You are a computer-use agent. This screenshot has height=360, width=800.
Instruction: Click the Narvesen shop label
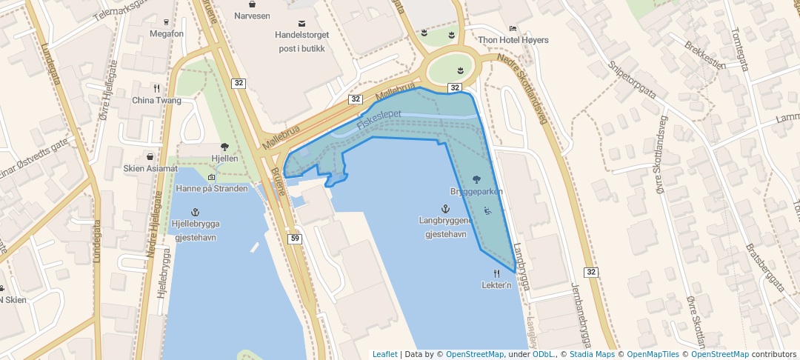click(252, 16)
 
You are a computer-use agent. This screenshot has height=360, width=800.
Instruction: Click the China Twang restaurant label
click(156, 101)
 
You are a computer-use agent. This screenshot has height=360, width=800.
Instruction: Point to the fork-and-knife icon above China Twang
click(156, 88)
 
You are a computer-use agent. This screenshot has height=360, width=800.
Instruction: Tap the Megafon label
click(166, 34)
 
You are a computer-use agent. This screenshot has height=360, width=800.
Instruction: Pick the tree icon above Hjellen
click(224, 147)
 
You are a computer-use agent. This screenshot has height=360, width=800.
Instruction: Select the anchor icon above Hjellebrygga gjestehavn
click(196, 211)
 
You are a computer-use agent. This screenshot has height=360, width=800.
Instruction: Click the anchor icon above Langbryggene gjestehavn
click(445, 208)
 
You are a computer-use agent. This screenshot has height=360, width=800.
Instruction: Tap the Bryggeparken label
click(476, 192)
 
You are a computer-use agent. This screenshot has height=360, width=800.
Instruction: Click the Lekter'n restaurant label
click(496, 285)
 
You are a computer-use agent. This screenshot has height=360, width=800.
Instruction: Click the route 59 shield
click(295, 238)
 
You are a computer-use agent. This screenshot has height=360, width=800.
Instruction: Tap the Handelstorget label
click(301, 35)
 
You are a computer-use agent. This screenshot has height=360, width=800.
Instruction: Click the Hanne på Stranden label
click(212, 189)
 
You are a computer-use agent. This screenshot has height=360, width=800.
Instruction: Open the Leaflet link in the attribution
click(384, 354)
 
